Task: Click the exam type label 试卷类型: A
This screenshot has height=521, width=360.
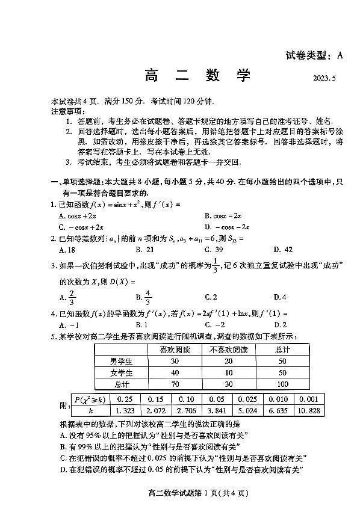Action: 314,56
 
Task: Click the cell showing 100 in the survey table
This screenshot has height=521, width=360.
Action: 283,384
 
